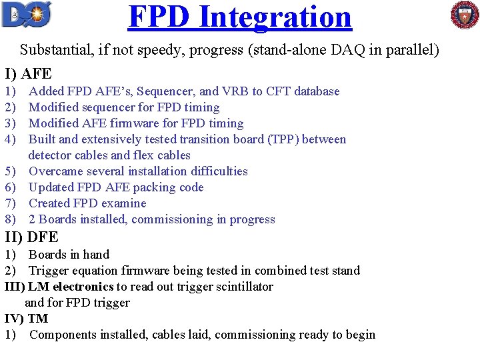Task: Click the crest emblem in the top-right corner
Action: pos(464,15)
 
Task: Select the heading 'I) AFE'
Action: pos(28,73)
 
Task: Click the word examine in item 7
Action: pos(124,203)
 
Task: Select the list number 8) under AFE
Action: pos(10,219)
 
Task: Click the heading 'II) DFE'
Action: pos(31,237)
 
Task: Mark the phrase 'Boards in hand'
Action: pos(69,255)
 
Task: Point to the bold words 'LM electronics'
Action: pos(71,287)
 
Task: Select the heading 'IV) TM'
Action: pos(26,319)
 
